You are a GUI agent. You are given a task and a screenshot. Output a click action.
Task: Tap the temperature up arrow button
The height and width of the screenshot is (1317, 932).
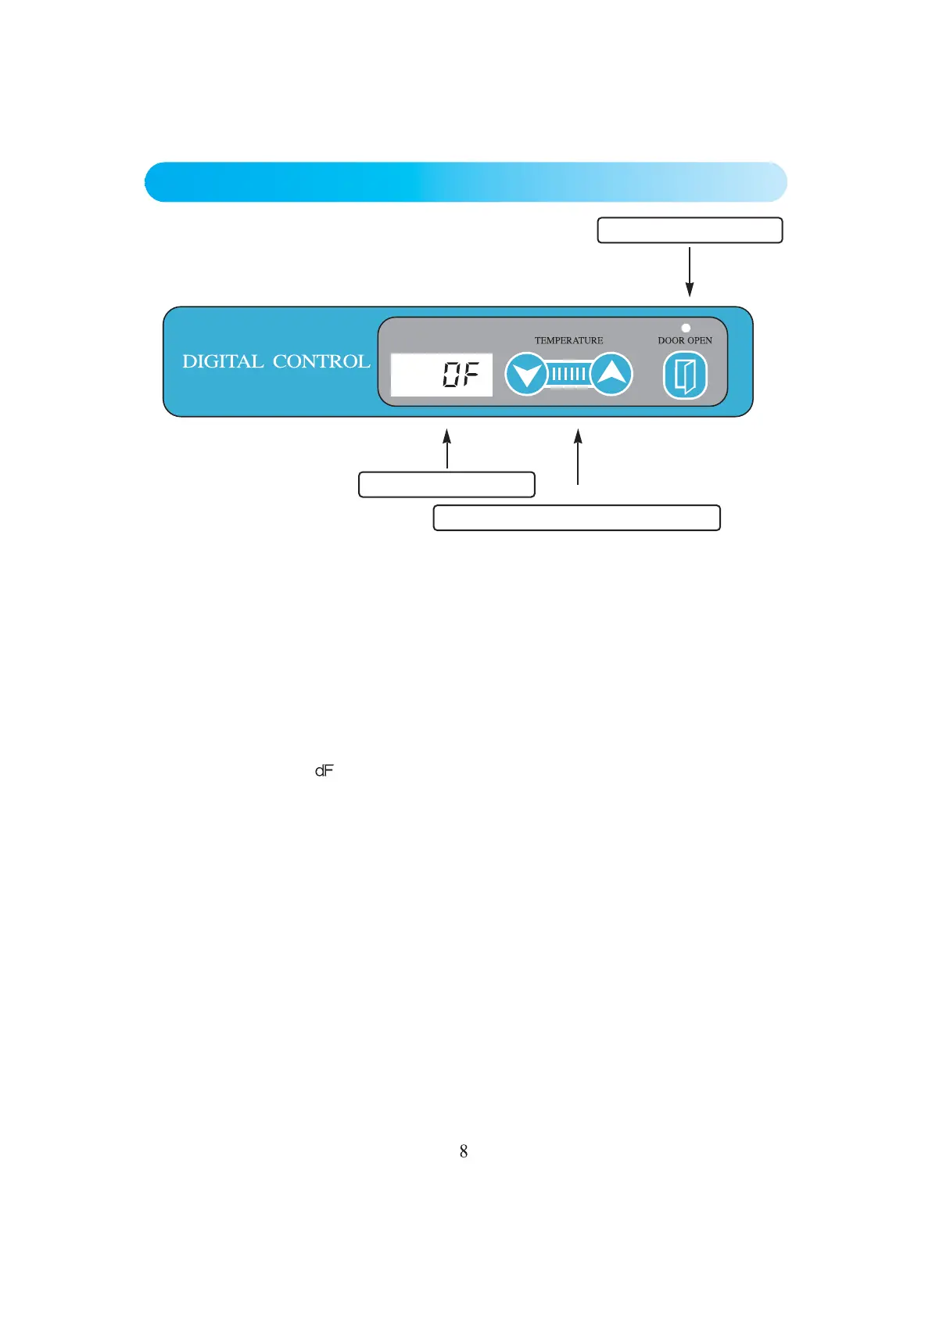coord(611,374)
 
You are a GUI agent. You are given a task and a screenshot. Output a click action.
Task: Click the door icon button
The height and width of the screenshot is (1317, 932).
coord(685,375)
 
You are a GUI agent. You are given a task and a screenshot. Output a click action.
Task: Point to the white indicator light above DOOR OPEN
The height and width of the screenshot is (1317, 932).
coord(686,328)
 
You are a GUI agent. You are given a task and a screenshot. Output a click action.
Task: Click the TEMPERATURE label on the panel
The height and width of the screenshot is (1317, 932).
coord(568,340)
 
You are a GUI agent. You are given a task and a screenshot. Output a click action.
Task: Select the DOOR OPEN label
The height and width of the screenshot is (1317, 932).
coord(685,340)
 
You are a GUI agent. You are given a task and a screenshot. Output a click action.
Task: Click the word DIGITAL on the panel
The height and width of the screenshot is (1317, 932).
coord(223,361)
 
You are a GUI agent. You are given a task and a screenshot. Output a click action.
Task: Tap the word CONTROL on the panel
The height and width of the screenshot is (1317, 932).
coord(321,361)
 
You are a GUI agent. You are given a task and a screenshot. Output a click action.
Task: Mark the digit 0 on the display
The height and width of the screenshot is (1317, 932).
coord(451,375)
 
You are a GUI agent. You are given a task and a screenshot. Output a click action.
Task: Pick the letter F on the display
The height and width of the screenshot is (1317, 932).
coord(470,375)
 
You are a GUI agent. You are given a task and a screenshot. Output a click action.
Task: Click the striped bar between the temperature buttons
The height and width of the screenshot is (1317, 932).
coord(568,374)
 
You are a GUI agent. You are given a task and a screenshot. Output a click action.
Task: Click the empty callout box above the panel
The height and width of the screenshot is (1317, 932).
coord(690,231)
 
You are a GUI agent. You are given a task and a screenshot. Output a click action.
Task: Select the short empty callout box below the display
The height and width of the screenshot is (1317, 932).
coord(446,485)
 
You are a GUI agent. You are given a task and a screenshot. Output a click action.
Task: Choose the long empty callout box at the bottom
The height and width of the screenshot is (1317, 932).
coord(576,518)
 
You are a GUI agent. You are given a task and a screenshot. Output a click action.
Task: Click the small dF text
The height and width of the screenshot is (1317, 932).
coord(324,771)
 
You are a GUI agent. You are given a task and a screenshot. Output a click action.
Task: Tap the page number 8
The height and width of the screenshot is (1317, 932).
coord(464,1151)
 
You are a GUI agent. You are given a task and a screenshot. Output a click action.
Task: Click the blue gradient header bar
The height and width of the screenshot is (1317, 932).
coord(465,182)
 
